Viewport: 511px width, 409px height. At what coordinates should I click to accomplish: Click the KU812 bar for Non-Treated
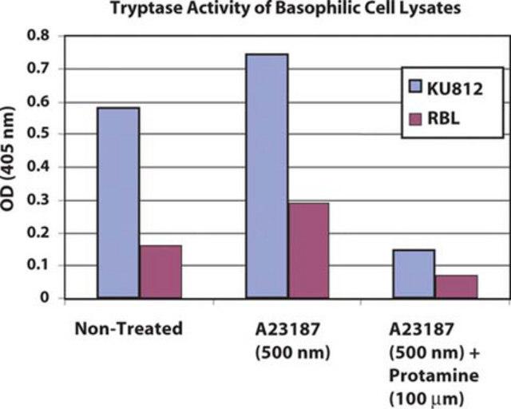click(x=118, y=203)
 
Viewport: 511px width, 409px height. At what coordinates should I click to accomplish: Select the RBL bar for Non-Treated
click(x=160, y=272)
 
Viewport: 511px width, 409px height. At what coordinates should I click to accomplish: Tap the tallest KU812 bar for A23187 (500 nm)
click(x=267, y=176)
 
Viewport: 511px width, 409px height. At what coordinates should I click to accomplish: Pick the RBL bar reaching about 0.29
click(x=308, y=251)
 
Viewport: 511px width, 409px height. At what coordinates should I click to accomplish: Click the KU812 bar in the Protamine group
click(x=414, y=274)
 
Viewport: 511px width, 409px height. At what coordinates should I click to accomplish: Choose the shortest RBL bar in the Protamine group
click(x=456, y=287)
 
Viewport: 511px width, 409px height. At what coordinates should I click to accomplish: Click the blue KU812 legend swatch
click(x=415, y=87)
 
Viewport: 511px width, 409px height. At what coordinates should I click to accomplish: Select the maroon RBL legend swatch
click(x=415, y=119)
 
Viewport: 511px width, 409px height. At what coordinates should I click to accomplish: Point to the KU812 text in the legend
click(x=455, y=89)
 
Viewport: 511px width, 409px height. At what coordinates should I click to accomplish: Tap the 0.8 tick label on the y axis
click(x=38, y=35)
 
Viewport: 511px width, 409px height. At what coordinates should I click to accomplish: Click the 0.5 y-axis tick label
click(x=38, y=134)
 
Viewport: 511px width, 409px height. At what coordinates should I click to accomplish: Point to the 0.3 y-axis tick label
click(x=38, y=200)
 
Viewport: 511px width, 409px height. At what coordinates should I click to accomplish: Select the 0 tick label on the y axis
click(x=45, y=297)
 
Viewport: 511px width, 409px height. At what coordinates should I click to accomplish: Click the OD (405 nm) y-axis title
click(x=8, y=159)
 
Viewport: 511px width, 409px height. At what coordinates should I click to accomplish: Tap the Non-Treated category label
click(x=129, y=328)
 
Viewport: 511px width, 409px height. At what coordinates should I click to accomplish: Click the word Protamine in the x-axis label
click(x=434, y=375)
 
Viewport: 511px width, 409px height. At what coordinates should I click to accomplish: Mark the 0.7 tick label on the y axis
click(x=38, y=69)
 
